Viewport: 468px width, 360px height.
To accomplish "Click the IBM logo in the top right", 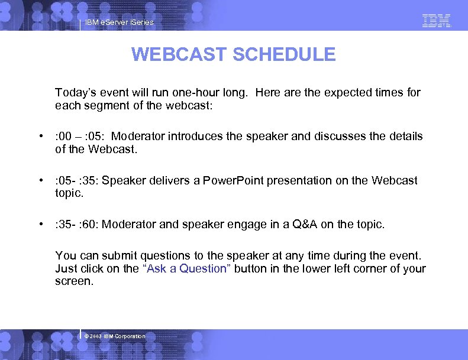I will (x=437, y=21).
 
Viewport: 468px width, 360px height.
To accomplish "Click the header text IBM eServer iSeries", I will (x=119, y=22).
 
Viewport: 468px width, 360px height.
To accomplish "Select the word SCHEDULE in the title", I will (x=284, y=55).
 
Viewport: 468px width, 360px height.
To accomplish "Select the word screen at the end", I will (x=73, y=282).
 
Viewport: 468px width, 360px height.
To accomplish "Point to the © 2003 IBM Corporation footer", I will (x=115, y=336).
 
